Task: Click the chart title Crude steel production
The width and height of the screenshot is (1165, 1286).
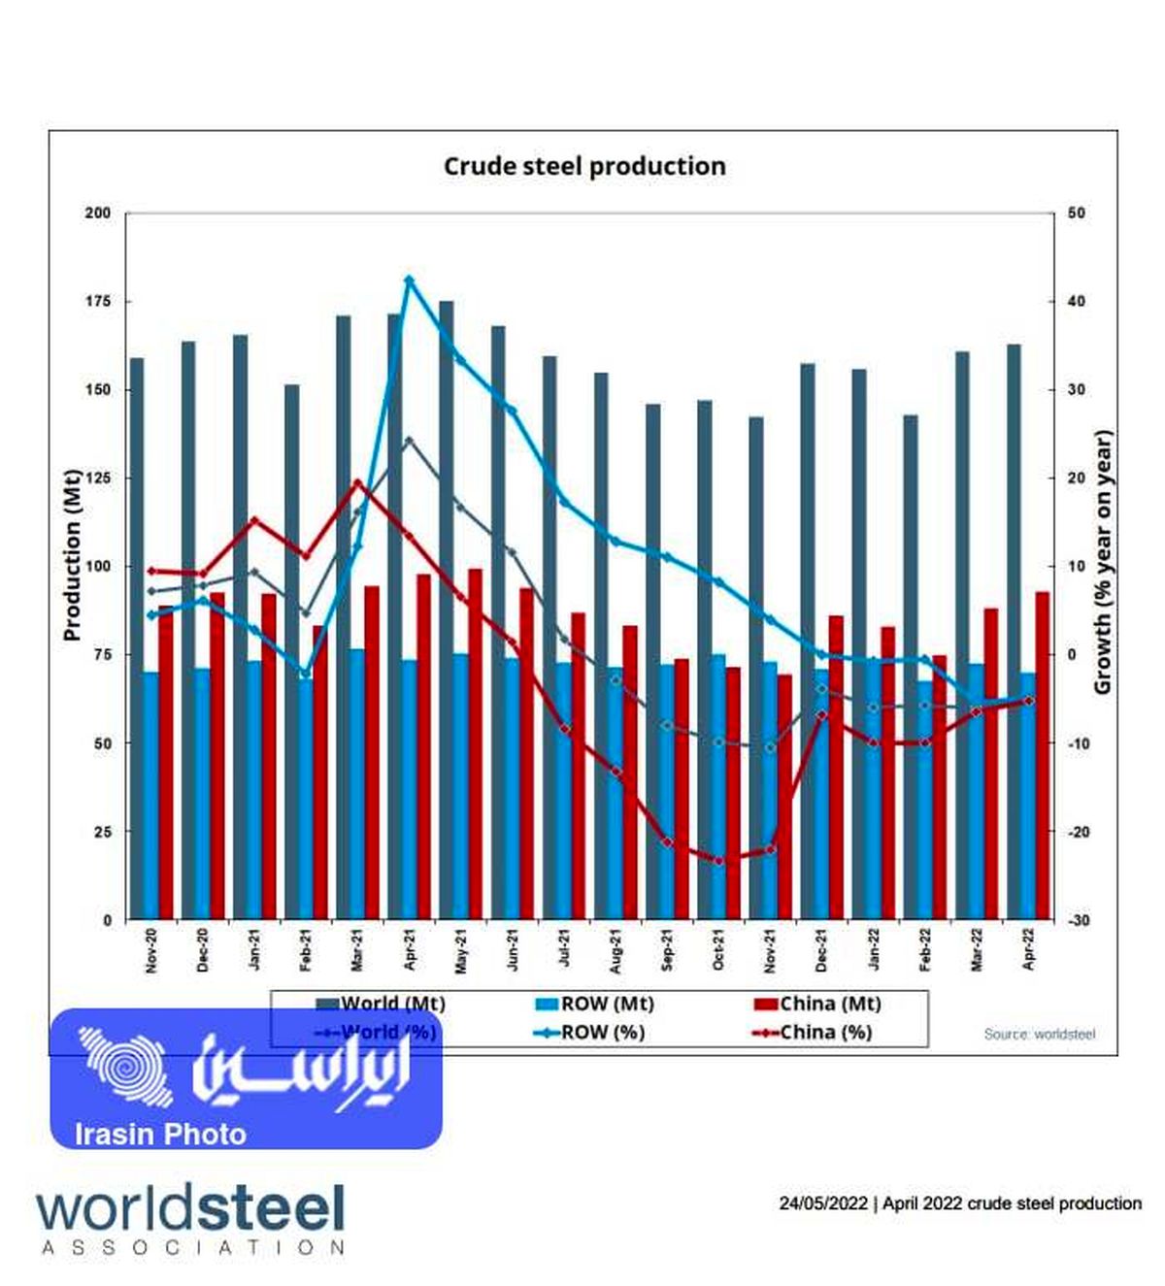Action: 584,166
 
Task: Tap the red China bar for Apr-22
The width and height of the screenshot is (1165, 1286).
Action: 1042,757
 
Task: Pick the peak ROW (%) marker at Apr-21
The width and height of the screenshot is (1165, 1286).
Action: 409,280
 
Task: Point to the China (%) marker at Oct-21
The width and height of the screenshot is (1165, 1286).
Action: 719,860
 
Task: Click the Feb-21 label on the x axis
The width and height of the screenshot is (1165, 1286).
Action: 305,950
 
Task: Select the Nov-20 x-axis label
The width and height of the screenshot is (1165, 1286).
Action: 150,950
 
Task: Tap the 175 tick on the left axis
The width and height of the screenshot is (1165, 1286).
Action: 97,302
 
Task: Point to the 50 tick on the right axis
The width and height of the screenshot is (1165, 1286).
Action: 1076,214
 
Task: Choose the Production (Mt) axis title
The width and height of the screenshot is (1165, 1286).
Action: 71,555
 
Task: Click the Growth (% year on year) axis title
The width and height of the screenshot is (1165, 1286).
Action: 1103,563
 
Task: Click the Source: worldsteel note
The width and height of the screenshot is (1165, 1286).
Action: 1039,1034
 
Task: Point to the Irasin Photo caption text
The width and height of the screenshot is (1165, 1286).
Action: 160,1134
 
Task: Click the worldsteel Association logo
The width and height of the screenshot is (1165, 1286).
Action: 191,1218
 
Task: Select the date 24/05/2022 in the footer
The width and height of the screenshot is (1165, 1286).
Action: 823,1204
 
